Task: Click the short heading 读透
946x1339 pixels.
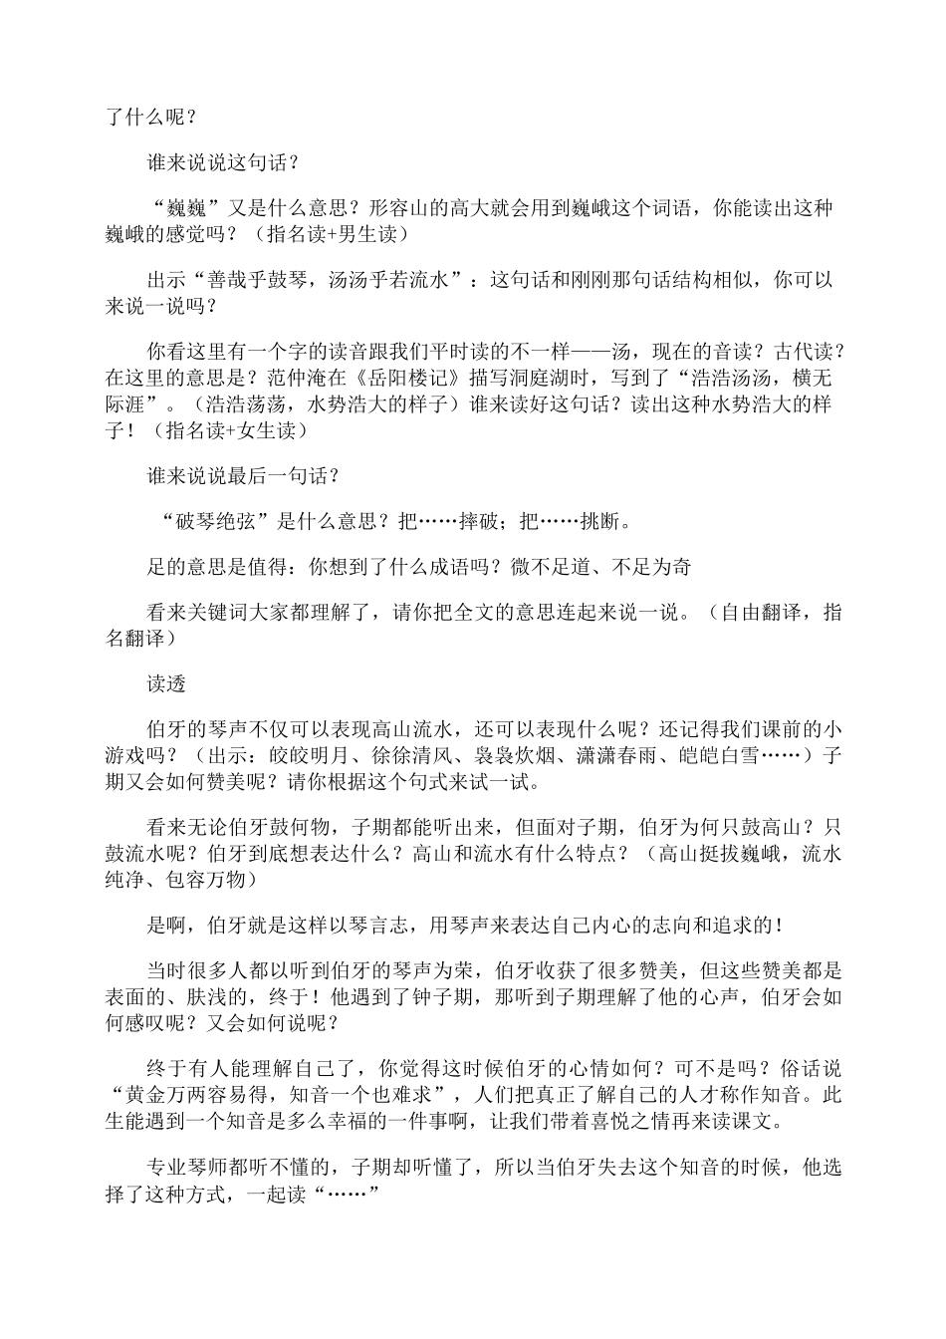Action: [x=167, y=685]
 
